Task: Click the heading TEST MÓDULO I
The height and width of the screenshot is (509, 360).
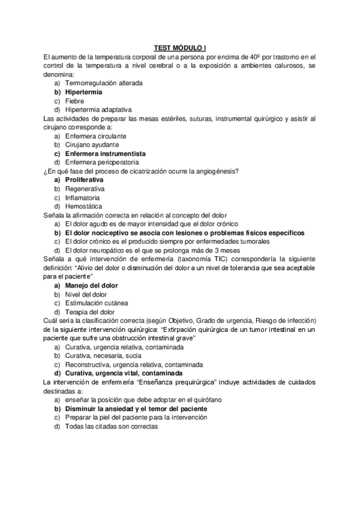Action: click(179, 48)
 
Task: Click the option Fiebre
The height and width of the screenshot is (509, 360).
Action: click(74, 101)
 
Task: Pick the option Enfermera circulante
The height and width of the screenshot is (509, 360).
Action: click(95, 136)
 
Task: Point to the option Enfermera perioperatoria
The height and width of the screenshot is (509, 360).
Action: click(101, 162)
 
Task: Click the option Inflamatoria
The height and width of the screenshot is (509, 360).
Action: click(83, 197)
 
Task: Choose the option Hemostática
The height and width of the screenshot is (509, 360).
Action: click(83, 206)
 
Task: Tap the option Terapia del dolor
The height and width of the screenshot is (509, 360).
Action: click(89, 312)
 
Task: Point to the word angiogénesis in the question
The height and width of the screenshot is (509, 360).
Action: click(215, 171)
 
